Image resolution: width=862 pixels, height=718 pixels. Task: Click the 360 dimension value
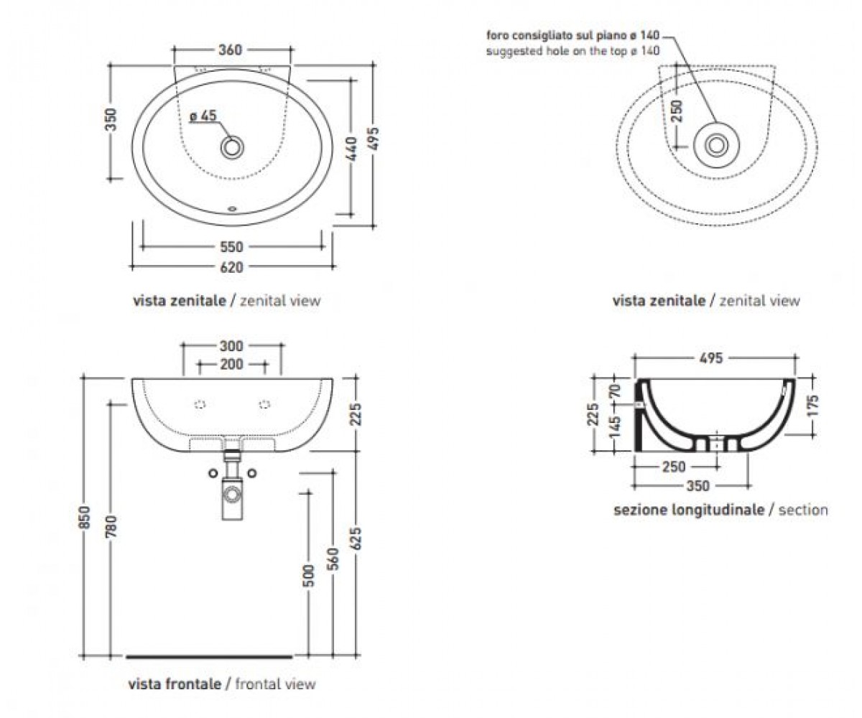click(230, 50)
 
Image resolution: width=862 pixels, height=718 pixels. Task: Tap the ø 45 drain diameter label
click(203, 116)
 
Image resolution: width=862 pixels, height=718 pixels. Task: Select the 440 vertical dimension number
click(351, 149)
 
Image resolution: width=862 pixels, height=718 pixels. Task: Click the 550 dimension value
click(231, 247)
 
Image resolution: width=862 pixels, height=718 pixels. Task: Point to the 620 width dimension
click(231, 267)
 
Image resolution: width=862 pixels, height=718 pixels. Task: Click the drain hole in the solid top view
click(232, 147)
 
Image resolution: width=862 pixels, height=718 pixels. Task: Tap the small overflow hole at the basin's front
click(232, 209)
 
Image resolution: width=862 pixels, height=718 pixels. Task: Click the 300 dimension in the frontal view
click(231, 346)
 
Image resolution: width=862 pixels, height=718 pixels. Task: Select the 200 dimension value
click(231, 364)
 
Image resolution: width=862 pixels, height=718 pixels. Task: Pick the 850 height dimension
click(84, 517)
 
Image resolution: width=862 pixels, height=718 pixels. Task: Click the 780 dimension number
click(111, 526)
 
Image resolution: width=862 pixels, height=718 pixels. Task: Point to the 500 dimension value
click(308, 576)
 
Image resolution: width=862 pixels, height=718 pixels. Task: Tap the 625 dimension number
click(356, 538)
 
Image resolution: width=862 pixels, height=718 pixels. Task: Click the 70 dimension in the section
click(615, 391)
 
